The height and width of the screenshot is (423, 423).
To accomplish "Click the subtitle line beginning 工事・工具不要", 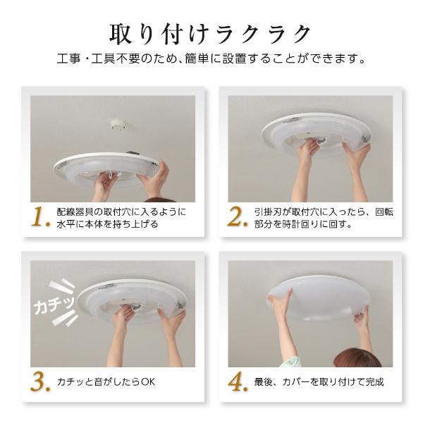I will click(x=211, y=60).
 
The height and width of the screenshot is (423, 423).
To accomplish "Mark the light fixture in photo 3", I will click(x=130, y=300).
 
